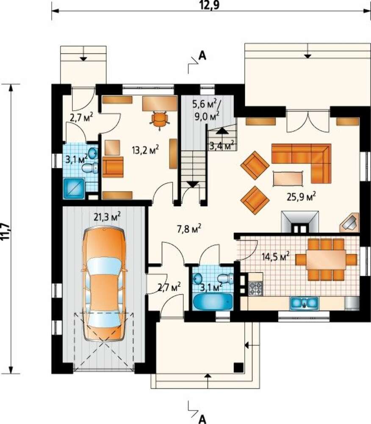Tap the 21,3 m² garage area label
(x=107, y=217)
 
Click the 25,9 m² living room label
(x=301, y=197)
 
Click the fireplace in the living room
(x=300, y=221)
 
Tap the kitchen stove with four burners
(x=255, y=288)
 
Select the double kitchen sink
(x=304, y=303)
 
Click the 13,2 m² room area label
(x=145, y=150)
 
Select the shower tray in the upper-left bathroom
(x=74, y=189)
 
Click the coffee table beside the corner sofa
(x=288, y=179)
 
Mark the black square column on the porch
(x=239, y=367)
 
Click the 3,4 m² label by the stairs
(x=221, y=146)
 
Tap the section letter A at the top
(x=202, y=56)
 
